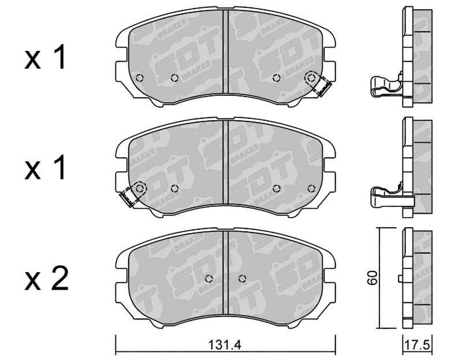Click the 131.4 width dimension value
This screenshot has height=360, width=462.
pyautogui.click(x=225, y=344)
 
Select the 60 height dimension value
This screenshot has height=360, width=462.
pyautogui.click(x=372, y=277)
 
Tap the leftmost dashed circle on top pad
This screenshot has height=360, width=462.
pyautogui.click(x=140, y=78)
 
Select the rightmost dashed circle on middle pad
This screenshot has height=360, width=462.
pyautogui.click(x=311, y=188)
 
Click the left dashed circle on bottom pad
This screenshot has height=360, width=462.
pyautogui.click(x=209, y=278)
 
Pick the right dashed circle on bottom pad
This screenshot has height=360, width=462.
pyautogui.click(x=242, y=278)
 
